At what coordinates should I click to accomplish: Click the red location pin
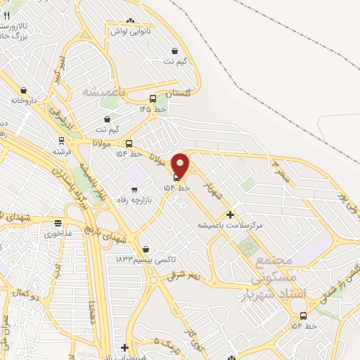(x=180, y=166)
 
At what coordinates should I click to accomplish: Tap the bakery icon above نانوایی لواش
(x=131, y=22)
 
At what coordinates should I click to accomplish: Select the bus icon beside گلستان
(x=153, y=98)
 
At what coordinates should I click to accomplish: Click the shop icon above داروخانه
(x=24, y=91)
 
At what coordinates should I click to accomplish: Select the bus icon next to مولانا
(x=128, y=143)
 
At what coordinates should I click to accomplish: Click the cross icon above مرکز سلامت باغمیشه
(x=230, y=214)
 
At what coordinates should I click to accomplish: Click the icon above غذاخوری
(x=57, y=224)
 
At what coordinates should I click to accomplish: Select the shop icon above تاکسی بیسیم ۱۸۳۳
(x=146, y=249)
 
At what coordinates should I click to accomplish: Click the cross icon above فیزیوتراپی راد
(x=125, y=347)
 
